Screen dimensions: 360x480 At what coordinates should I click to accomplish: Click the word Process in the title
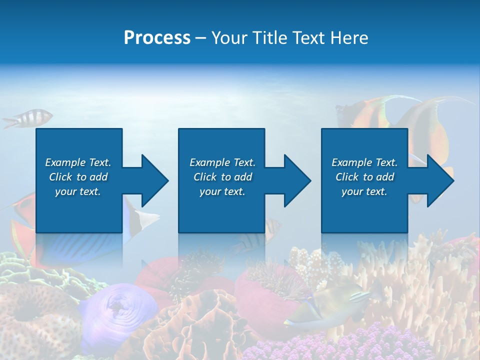pos(157,38)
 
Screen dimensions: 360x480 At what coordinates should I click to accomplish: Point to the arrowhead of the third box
pos(439,180)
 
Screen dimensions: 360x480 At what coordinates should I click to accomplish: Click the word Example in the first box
pos(65,162)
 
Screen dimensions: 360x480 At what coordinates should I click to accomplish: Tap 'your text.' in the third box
pos(364,191)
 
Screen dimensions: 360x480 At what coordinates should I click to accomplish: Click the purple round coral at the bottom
pos(117,310)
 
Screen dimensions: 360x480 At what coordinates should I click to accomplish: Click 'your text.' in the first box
pos(78,191)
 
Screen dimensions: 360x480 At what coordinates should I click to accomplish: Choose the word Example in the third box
pos(351,162)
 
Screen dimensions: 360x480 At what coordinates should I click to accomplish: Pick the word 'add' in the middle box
pos(243,177)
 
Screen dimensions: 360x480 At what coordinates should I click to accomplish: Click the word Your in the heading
pos(228,38)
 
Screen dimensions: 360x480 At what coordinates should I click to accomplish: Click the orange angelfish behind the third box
pos(430,130)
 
